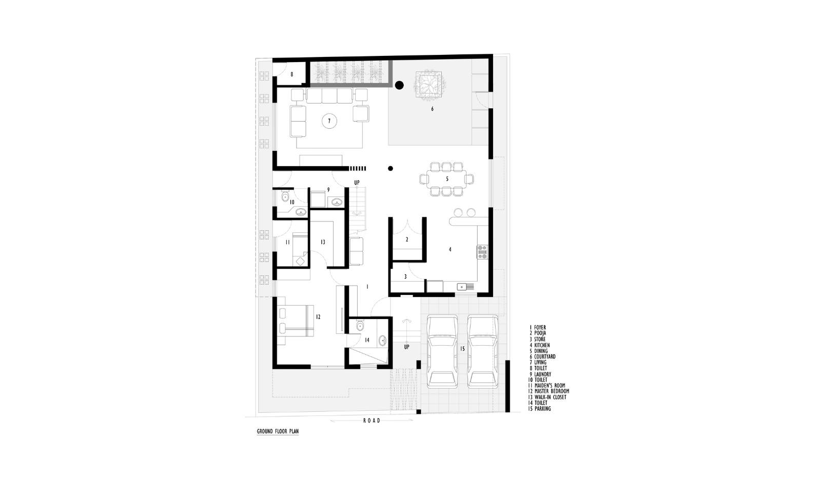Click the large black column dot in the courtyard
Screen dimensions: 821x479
[x=400, y=85]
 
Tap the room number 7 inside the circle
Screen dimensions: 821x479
[x=329, y=121]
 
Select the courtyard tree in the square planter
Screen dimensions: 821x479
[x=431, y=87]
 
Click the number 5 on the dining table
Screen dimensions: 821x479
[x=447, y=179]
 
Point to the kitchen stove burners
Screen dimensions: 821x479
[x=482, y=252]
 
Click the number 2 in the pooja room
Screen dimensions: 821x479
[x=407, y=239]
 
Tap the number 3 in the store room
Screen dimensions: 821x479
[x=405, y=277]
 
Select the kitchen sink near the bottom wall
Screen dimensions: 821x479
[x=461, y=286]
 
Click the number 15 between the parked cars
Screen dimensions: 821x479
[x=462, y=349]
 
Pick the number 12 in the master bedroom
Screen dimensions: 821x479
[x=318, y=317]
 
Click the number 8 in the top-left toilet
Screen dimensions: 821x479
[x=292, y=74]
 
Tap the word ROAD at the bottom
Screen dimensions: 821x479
[x=372, y=421]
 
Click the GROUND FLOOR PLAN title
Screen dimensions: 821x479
[x=278, y=431]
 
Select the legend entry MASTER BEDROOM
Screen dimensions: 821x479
[x=552, y=391]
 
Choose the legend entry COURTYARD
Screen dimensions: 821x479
[x=545, y=357]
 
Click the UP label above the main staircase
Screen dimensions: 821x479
[x=357, y=183]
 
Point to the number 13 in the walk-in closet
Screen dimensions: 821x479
[x=323, y=242]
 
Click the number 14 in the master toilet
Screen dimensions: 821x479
[x=367, y=340]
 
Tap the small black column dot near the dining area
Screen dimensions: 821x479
[x=390, y=168]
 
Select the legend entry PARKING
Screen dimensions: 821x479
[x=542, y=409]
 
